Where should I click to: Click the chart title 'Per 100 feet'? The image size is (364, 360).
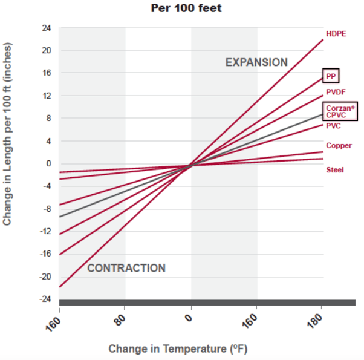(181, 9)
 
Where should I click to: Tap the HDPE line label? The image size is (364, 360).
(336, 33)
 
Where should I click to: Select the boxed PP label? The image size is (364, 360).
(331, 76)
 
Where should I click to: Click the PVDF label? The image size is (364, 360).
(336, 92)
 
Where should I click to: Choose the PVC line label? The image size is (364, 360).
(333, 126)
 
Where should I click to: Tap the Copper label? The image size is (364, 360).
(339, 146)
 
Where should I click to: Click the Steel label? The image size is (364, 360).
(335, 170)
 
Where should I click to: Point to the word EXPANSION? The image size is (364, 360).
(256, 62)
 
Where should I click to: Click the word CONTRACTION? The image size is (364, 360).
(126, 268)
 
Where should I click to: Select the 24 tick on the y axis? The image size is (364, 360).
(47, 28)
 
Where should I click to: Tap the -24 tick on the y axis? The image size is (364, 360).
(45, 299)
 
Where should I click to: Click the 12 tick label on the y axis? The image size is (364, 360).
(47, 96)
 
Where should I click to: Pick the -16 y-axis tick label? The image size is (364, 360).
(45, 254)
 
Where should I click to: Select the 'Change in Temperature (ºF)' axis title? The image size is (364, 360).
(178, 349)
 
